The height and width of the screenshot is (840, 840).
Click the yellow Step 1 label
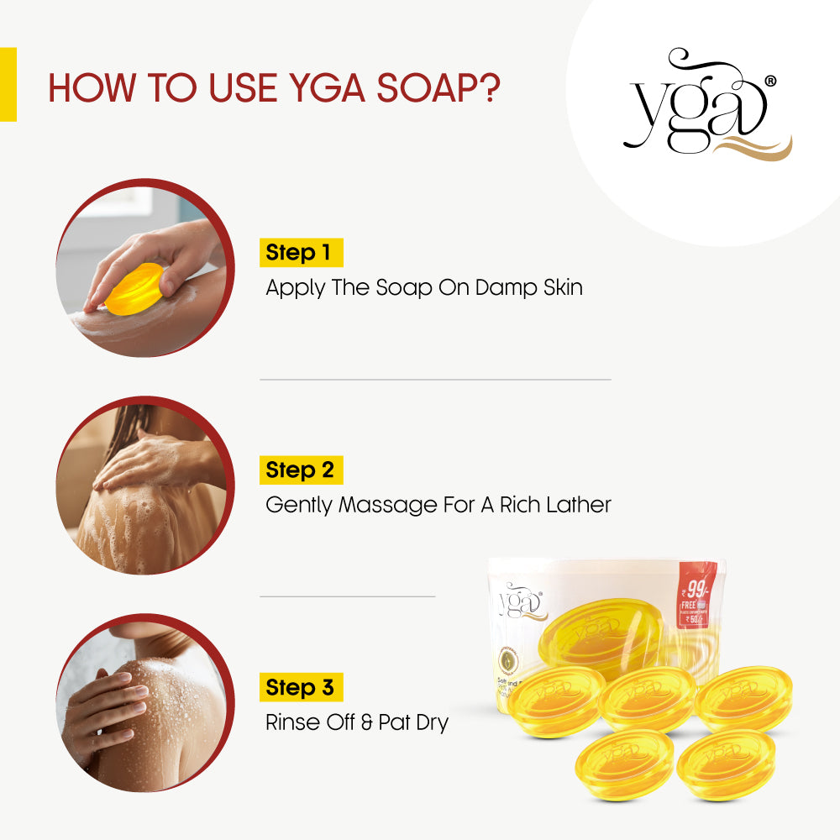(x=301, y=253)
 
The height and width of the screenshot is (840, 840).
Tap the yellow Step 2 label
(x=301, y=470)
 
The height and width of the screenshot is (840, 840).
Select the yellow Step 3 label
(x=301, y=687)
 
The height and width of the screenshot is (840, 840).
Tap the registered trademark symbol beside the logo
(x=770, y=81)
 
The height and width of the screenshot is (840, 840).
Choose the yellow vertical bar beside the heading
(x=8, y=84)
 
